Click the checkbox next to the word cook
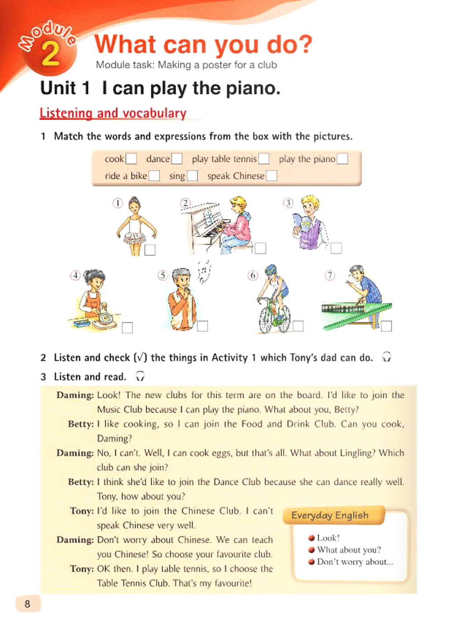(131, 159)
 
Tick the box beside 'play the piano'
(342, 159)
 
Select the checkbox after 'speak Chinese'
(272, 176)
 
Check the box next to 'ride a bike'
(154, 176)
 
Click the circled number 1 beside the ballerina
(118, 203)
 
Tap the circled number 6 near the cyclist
(253, 276)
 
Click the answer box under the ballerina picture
(150, 250)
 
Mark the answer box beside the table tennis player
(386, 326)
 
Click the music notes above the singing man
(203, 271)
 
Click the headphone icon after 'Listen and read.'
(140, 376)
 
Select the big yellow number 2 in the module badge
(50, 54)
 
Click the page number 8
(27, 604)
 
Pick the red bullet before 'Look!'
(311, 538)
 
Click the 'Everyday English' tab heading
(330, 515)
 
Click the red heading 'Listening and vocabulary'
(113, 113)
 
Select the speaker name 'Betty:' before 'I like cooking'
(81, 424)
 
